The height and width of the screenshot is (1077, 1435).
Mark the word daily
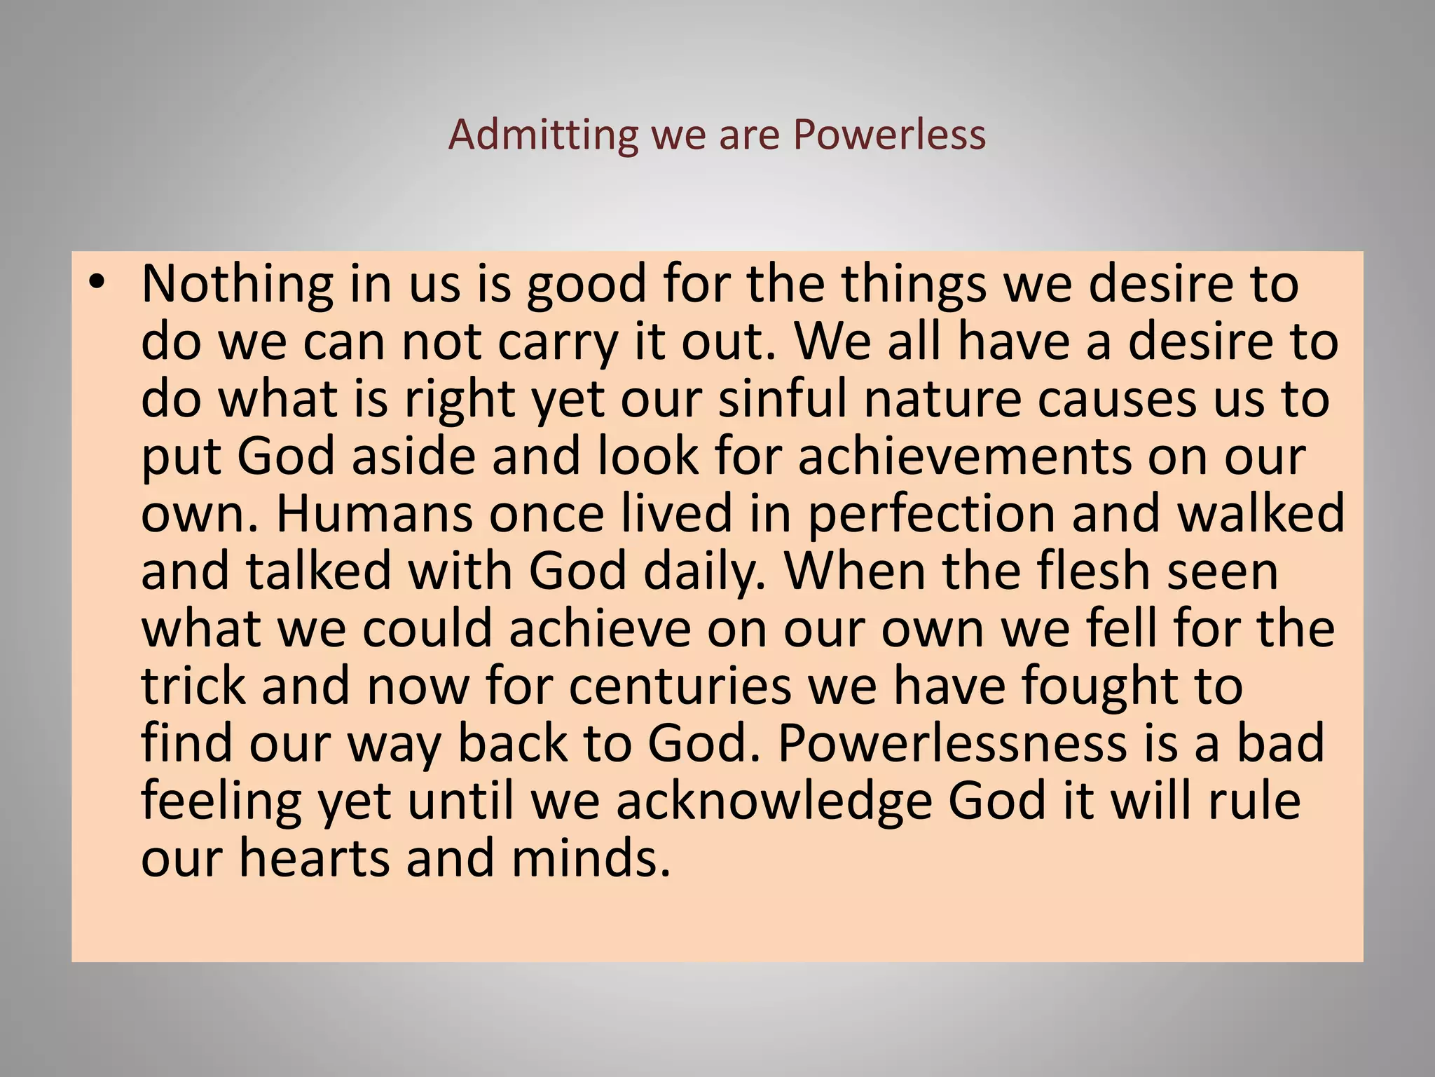coord(703,572)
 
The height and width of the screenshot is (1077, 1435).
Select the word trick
coord(194,686)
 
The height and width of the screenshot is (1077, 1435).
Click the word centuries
coord(680,686)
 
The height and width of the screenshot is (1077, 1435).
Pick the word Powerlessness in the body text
coord(952,744)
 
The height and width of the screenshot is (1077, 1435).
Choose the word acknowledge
coord(774,801)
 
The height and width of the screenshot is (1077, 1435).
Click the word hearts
coord(314,859)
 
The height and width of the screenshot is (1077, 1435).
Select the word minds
coord(591,859)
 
